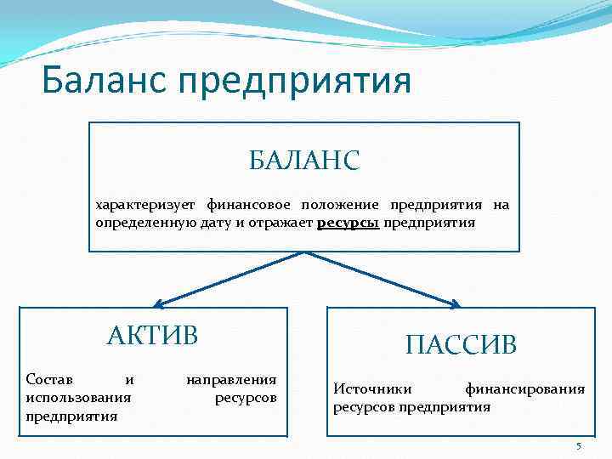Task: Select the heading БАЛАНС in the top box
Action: click(304, 159)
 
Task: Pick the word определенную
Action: click(135, 223)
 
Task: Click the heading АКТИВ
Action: click(152, 335)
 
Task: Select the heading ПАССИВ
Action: click(461, 344)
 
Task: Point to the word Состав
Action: click(49, 379)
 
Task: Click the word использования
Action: click(79, 397)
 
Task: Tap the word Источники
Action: click(372, 389)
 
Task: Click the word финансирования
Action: click(524, 389)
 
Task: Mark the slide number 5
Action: click(578, 446)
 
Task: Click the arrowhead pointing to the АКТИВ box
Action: click(159, 303)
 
